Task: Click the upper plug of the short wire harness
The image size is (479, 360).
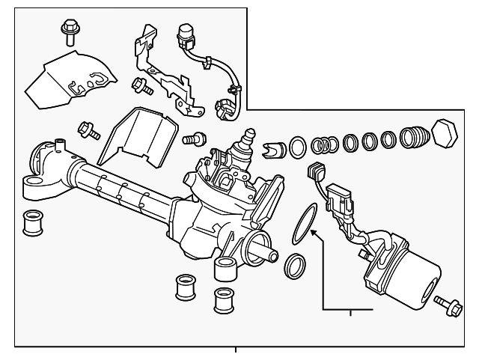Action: [184, 35]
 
